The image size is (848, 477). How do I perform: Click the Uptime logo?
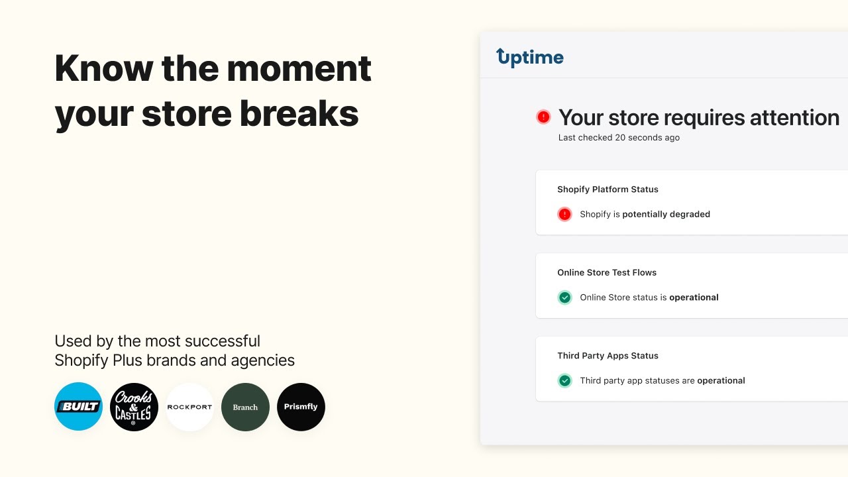pyautogui.click(x=530, y=58)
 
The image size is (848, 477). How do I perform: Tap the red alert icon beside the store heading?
pyautogui.click(x=543, y=117)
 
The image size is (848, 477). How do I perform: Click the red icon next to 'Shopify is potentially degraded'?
pyautogui.click(x=564, y=214)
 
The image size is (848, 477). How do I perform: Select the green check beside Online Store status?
pyautogui.click(x=564, y=297)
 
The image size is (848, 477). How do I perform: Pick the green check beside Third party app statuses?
pyautogui.click(x=564, y=381)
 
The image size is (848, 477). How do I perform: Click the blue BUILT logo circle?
pyautogui.click(x=78, y=407)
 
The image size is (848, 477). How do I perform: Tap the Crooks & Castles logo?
pyautogui.click(x=134, y=407)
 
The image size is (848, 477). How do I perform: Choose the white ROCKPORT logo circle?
pyautogui.click(x=189, y=407)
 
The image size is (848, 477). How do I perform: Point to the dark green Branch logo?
pyautogui.click(x=245, y=407)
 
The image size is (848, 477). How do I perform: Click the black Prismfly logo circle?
pyautogui.click(x=301, y=407)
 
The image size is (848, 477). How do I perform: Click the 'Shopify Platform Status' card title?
pyautogui.click(x=608, y=189)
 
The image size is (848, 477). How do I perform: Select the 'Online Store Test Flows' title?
pyautogui.click(x=607, y=272)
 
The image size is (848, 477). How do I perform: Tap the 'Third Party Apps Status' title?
pyautogui.click(x=608, y=356)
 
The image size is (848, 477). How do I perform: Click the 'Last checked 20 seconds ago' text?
pyautogui.click(x=619, y=138)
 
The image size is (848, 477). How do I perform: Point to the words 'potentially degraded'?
pyautogui.click(x=666, y=214)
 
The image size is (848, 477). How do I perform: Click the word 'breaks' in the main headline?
pyautogui.click(x=299, y=113)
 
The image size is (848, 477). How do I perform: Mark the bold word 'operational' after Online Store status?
pyautogui.click(x=694, y=297)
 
